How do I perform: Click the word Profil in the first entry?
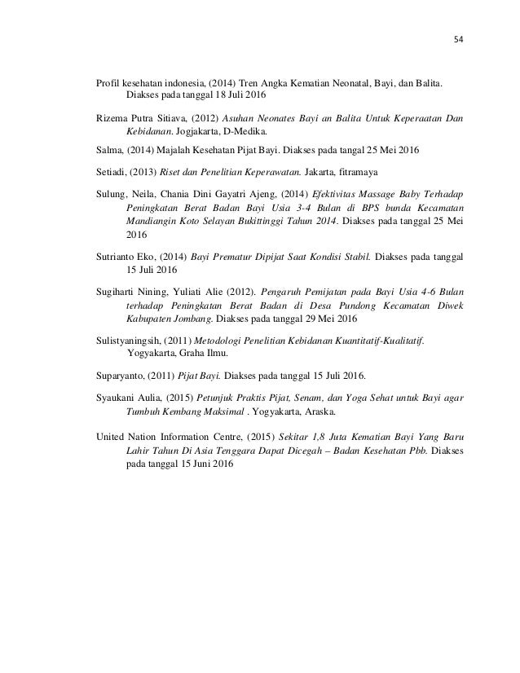[107, 83]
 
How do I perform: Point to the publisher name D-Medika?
[249, 132]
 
